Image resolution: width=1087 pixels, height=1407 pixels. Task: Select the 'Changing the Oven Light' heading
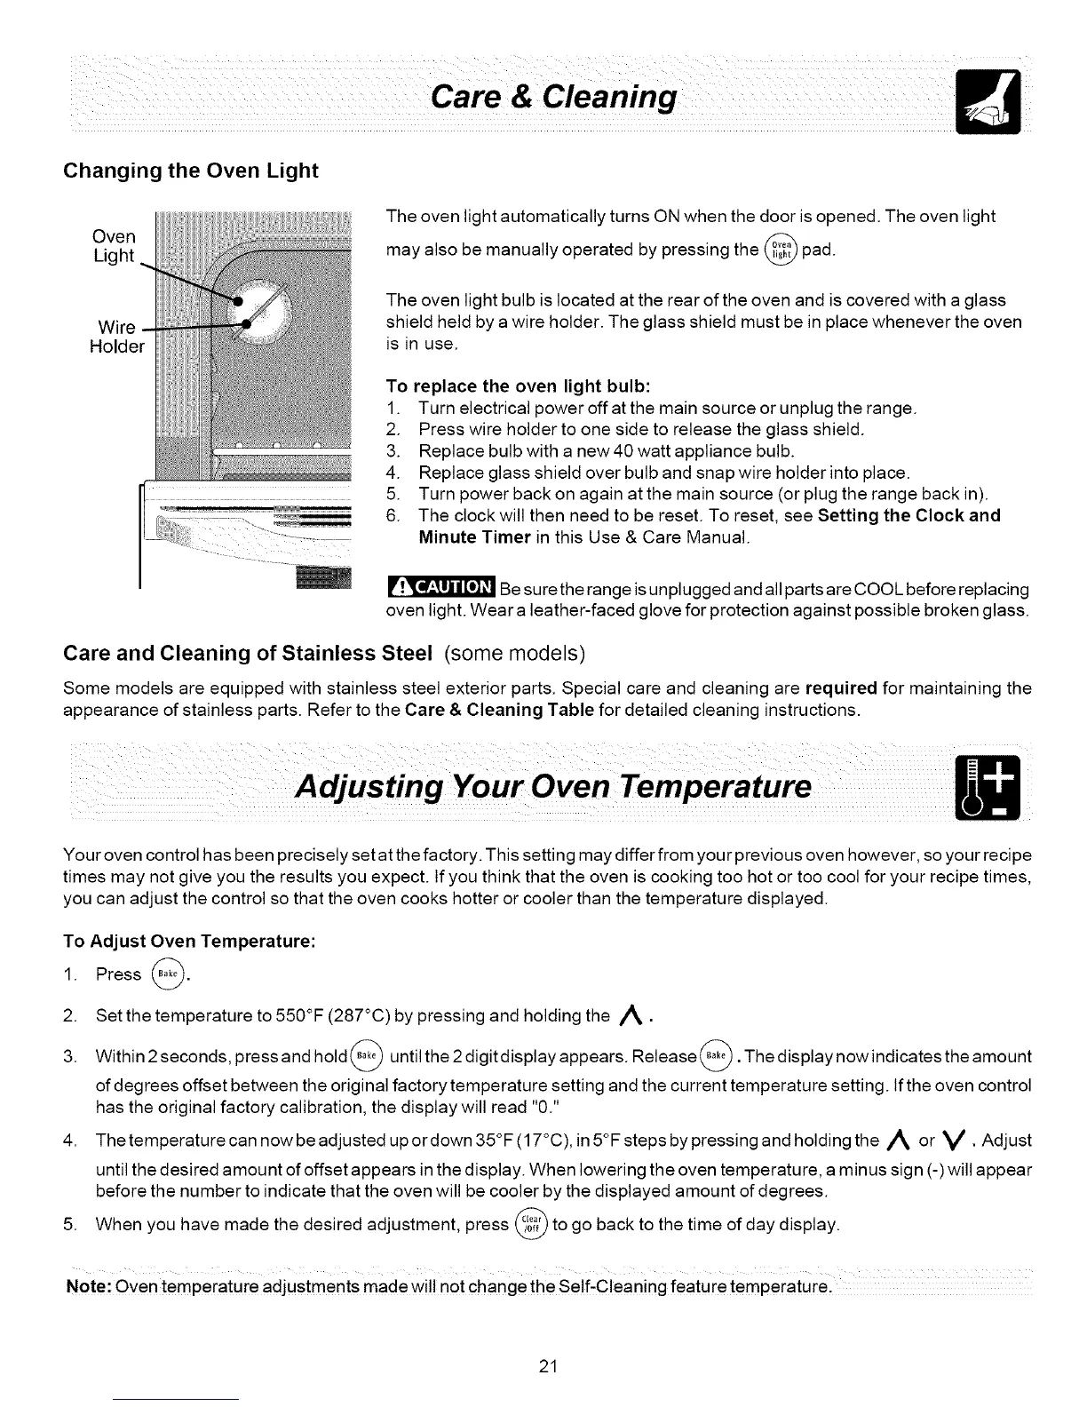point(190,170)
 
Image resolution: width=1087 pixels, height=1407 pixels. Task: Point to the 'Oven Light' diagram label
point(115,246)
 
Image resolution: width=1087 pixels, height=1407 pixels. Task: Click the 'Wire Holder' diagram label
point(116,335)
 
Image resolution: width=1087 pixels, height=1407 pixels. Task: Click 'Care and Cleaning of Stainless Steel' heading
point(247,655)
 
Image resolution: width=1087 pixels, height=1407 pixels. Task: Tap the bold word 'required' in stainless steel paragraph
point(841,688)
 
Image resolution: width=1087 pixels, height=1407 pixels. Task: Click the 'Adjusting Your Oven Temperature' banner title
point(554,786)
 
